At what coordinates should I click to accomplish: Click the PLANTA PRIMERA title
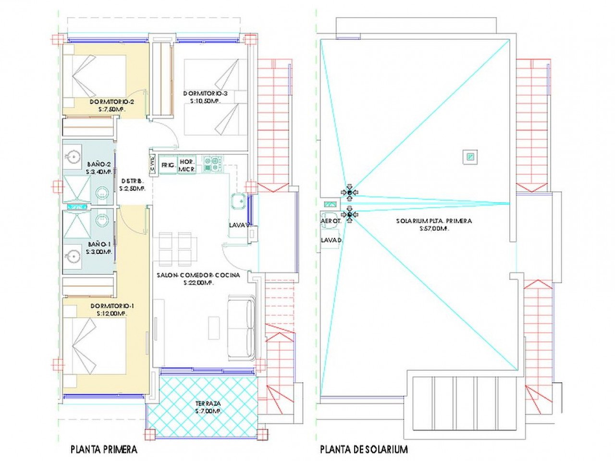click(x=104, y=449)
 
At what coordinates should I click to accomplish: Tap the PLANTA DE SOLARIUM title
click(x=364, y=449)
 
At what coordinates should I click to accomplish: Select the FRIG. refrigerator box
click(x=168, y=165)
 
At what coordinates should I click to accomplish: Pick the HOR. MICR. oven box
click(x=186, y=165)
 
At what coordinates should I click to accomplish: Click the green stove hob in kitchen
click(x=212, y=164)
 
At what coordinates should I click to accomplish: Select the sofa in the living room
click(x=241, y=327)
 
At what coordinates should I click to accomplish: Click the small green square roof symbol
click(x=470, y=156)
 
